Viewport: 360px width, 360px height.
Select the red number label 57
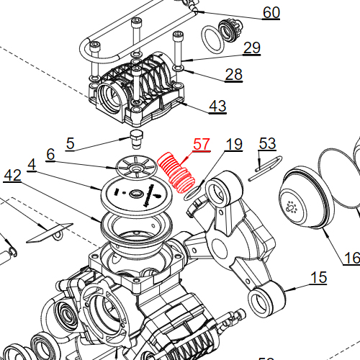(200, 145)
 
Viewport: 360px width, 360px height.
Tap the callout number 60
(271, 13)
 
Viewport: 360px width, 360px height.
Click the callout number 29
(251, 48)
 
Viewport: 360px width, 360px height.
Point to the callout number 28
(234, 74)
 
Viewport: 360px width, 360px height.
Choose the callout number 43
(217, 106)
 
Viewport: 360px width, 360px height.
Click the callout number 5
(70, 143)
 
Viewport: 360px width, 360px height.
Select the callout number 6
(50, 154)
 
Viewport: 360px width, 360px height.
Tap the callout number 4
(32, 164)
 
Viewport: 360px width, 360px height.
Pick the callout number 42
(12, 175)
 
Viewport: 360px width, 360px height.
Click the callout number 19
(235, 145)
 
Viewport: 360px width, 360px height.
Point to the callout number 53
(267, 144)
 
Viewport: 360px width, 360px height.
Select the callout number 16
(351, 258)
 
